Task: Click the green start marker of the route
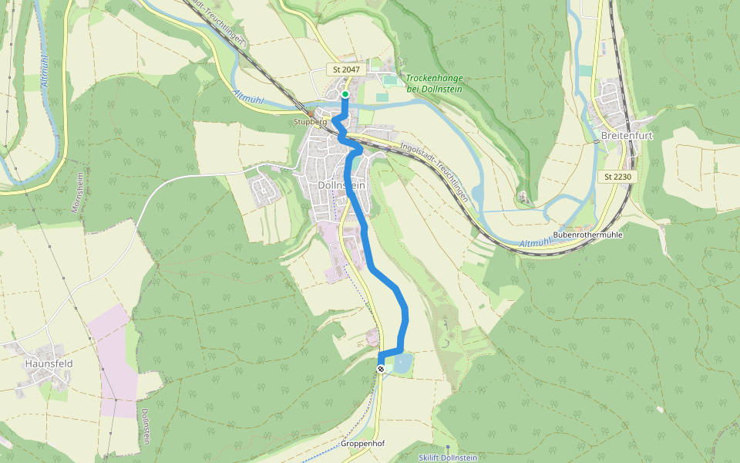click(345, 95)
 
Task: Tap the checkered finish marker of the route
click(380, 369)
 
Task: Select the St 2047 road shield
click(347, 69)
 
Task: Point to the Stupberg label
click(311, 122)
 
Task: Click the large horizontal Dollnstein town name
click(341, 185)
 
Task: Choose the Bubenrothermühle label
click(587, 234)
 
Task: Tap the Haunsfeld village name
click(48, 362)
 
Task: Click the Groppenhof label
click(362, 444)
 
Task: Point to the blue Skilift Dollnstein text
click(448, 458)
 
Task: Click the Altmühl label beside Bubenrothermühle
click(536, 244)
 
